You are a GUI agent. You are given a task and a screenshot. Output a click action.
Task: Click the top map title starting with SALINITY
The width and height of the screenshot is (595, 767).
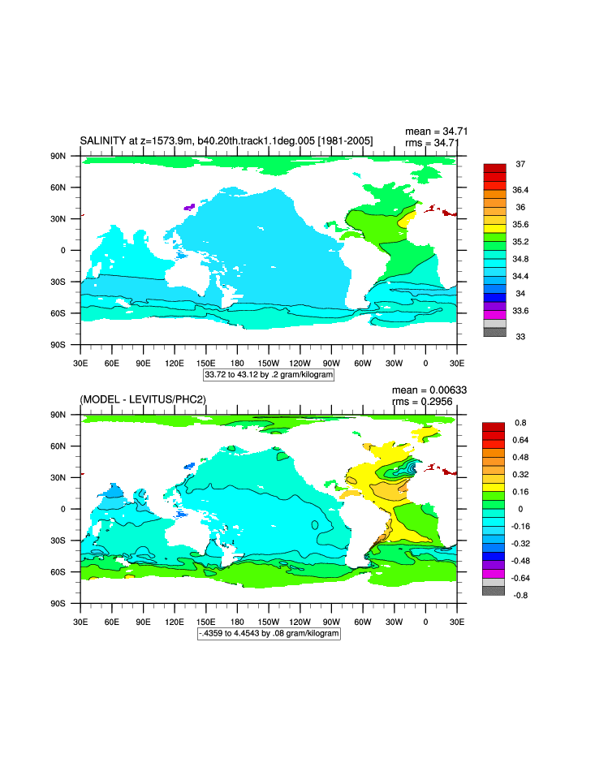pos(226,141)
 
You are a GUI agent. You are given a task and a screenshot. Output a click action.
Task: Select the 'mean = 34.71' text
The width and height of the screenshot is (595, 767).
pos(436,131)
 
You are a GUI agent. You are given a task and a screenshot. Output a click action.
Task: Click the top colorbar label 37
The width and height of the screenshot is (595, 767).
pos(520,165)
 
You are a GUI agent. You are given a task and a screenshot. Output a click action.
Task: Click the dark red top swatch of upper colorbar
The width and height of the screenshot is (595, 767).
pos(494,167)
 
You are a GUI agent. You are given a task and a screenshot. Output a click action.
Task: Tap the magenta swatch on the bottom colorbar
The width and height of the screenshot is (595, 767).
pos(494,573)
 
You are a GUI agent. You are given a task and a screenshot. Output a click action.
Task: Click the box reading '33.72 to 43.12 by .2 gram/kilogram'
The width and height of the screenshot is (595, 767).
pos(269,375)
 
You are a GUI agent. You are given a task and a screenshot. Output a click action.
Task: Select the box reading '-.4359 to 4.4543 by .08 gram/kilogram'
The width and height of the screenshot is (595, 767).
pos(269,633)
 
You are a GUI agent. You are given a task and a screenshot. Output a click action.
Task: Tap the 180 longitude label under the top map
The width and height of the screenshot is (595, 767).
pos(238,363)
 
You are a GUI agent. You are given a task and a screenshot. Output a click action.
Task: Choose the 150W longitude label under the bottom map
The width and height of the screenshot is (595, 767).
pos(269,621)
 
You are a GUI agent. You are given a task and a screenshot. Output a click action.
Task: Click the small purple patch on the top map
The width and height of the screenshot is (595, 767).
pos(189,208)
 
